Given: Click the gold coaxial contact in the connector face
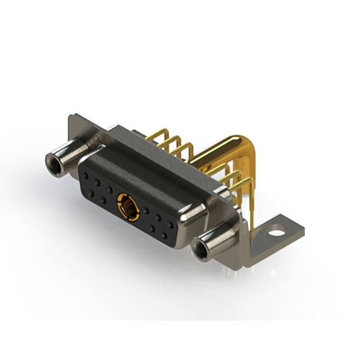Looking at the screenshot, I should (129, 206).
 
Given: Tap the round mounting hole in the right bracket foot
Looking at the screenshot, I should (276, 229).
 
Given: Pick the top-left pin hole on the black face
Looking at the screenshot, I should (86, 175).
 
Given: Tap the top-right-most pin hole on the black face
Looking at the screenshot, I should (171, 225).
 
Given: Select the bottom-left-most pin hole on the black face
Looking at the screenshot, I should (91, 192).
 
